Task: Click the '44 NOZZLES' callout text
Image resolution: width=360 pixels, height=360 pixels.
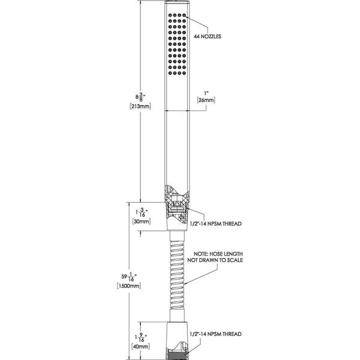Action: [208, 37]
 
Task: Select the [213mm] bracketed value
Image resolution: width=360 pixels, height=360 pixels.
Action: [140, 106]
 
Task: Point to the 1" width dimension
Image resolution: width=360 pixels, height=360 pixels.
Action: [206, 94]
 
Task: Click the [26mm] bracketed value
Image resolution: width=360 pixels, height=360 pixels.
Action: [206, 100]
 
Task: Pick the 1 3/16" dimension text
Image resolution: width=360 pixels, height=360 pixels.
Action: [142, 212]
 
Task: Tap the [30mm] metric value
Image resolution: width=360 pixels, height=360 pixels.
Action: [142, 221]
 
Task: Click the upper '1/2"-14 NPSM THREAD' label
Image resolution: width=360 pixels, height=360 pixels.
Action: [215, 224]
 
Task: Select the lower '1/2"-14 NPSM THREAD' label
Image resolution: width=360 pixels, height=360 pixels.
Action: [215, 334]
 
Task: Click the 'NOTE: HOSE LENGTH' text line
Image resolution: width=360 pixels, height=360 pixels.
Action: [218, 254]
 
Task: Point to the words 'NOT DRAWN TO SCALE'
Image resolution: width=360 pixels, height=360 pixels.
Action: [215, 260]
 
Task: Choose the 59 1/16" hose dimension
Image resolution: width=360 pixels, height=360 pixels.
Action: [129, 277]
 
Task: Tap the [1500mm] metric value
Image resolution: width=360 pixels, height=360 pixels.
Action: [129, 286]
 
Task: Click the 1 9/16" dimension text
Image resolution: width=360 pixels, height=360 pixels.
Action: [141, 337]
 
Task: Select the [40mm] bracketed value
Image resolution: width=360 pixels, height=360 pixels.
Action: [140, 347]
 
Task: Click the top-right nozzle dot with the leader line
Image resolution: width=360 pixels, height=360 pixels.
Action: [184, 16]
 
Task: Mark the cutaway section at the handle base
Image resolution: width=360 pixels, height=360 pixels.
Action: [177, 205]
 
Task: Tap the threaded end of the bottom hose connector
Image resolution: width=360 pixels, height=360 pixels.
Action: [177, 355]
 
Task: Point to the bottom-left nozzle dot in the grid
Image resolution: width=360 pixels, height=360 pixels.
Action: [170, 73]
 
